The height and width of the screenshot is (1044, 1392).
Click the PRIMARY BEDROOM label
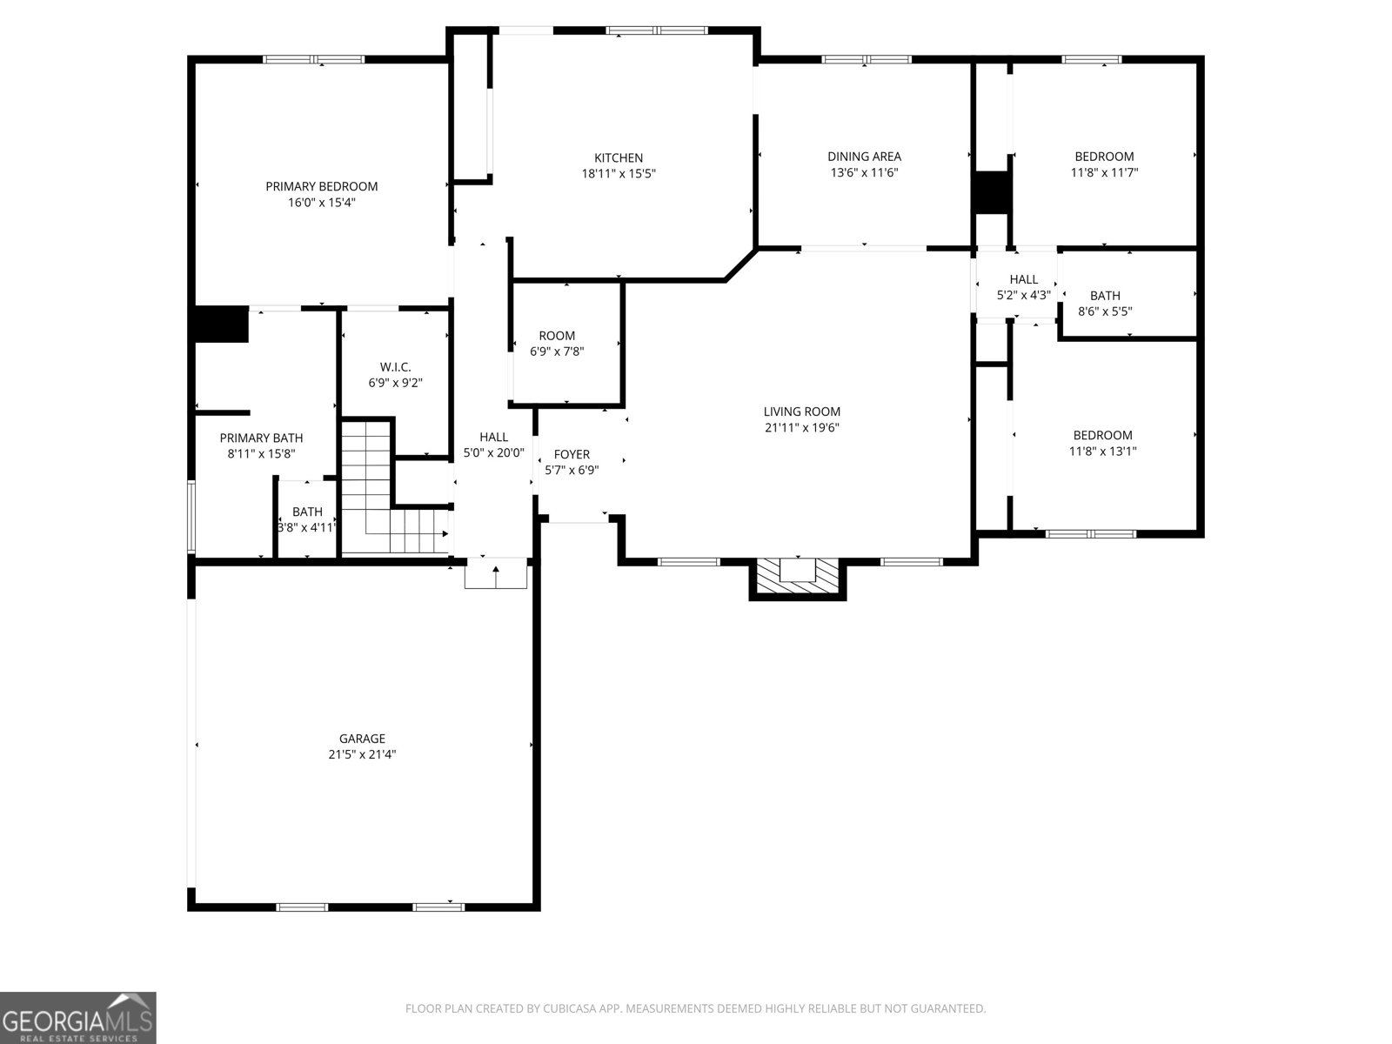point(322,186)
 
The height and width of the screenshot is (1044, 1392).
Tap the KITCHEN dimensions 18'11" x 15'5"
point(619,174)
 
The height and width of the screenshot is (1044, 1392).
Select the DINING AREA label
point(864,157)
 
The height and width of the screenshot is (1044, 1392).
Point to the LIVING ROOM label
point(801,412)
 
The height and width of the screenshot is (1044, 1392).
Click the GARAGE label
point(362,739)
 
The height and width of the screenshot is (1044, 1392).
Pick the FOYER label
point(572,454)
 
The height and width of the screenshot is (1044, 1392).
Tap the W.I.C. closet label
point(395,367)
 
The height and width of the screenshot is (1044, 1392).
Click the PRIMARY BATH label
point(261,438)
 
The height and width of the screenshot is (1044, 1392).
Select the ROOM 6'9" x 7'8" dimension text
point(557,351)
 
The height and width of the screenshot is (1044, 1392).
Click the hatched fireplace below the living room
point(797,578)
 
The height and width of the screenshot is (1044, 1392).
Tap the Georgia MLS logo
point(78,1017)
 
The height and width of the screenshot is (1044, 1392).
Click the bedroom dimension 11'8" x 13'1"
point(1103,452)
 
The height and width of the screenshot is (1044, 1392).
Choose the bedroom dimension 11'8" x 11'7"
point(1104,172)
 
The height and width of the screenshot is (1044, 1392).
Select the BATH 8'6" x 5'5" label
point(1105,304)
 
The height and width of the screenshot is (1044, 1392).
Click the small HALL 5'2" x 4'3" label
point(1023,287)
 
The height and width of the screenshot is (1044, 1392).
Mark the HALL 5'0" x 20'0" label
point(493,445)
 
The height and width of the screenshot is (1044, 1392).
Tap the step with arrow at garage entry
point(496,573)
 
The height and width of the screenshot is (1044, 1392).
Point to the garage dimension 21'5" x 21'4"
point(362,754)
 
